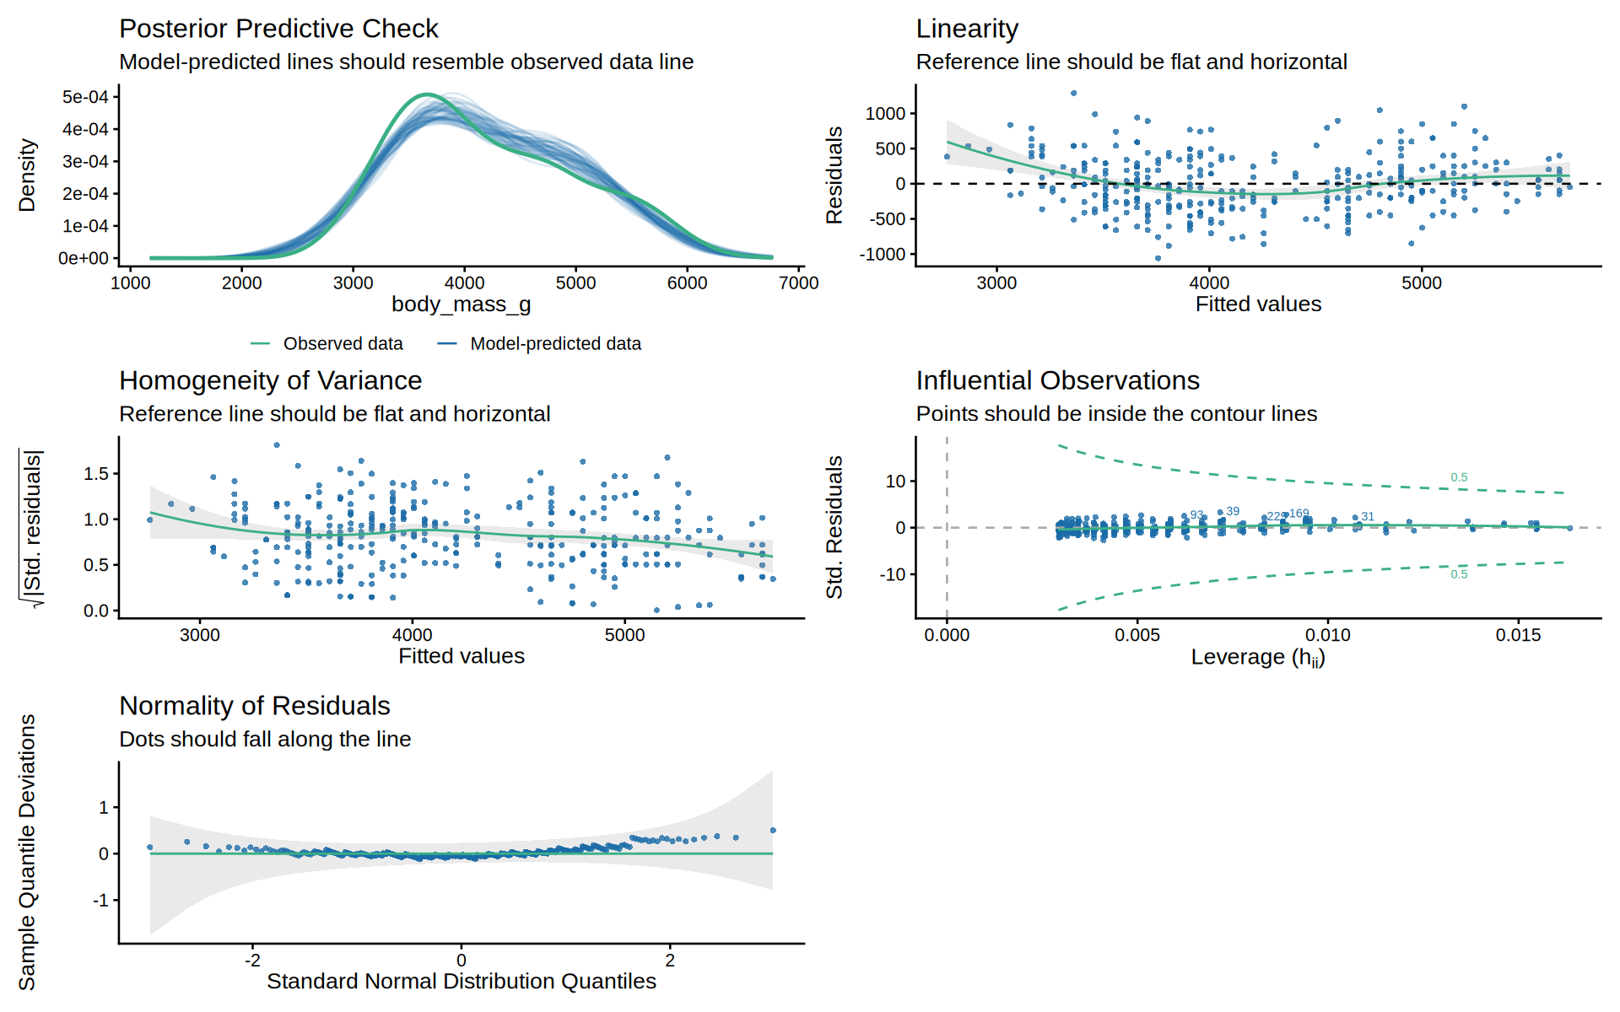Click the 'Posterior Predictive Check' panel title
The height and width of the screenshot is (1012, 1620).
click(x=278, y=29)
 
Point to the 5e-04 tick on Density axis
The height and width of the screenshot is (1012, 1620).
click(x=85, y=97)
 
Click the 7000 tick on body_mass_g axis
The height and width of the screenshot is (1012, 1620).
click(x=798, y=283)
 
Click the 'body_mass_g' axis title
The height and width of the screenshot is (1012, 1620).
click(x=462, y=304)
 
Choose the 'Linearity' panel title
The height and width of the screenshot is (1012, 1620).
click(x=967, y=29)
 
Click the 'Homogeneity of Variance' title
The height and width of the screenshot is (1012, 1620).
click(x=270, y=380)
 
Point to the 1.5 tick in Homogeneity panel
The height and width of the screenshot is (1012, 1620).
click(x=96, y=474)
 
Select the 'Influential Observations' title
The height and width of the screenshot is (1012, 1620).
click(x=1057, y=380)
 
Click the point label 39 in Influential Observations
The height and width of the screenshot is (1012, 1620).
click(x=1233, y=511)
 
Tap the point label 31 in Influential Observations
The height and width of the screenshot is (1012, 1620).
click(x=1368, y=516)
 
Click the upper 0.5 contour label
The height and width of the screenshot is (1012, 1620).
click(x=1459, y=477)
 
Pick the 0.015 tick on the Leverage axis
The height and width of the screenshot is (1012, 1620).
click(x=1519, y=635)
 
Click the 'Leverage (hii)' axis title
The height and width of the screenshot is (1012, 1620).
click(x=1258, y=657)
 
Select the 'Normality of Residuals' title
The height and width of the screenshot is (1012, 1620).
click(x=255, y=706)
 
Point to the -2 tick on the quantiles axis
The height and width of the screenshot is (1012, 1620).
click(x=252, y=960)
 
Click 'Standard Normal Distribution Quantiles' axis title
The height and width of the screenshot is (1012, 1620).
click(x=462, y=982)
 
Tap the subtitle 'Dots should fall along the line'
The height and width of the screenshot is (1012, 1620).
click(x=265, y=739)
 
